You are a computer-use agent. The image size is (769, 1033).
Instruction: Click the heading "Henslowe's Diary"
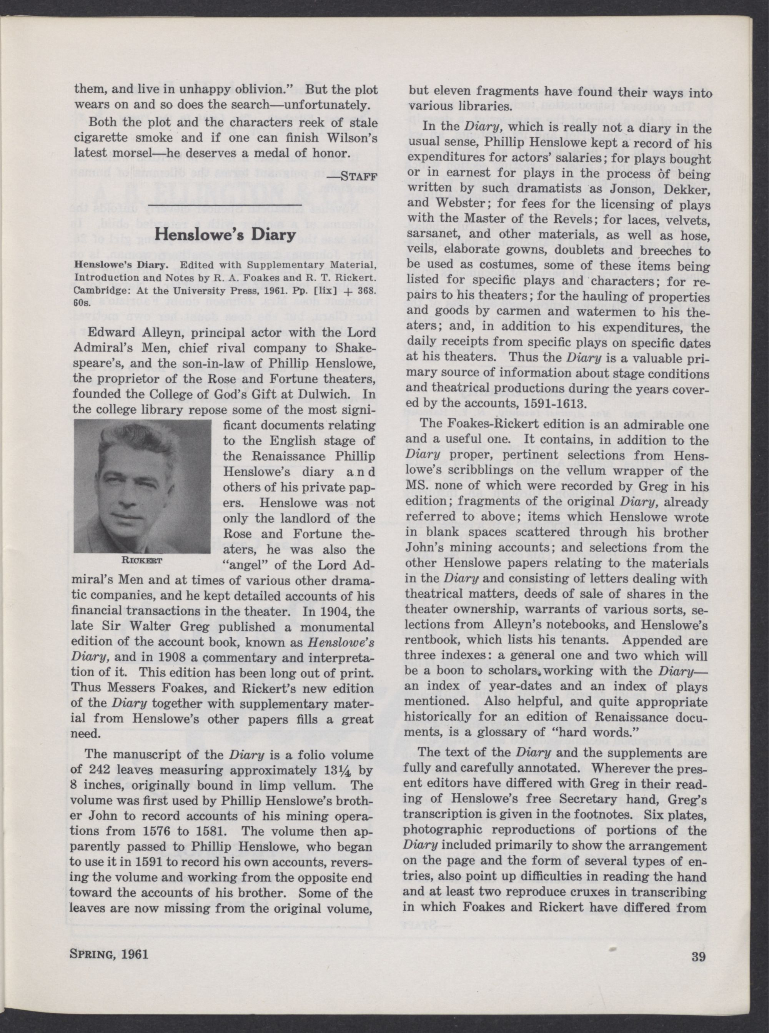(x=225, y=234)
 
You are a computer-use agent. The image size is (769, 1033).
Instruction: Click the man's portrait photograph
(x=142, y=486)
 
